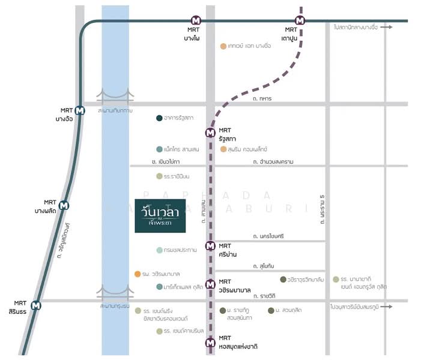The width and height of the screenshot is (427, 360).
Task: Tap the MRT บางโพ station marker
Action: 196,20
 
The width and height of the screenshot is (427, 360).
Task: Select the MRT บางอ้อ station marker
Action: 80,110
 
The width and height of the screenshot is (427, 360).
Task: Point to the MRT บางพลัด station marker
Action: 64,205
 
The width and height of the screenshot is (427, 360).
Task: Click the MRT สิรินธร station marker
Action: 37,305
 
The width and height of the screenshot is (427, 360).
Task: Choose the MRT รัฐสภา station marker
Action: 210,133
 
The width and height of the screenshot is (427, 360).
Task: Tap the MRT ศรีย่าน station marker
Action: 210,245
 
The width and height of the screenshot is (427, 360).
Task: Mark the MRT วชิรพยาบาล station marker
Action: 210,284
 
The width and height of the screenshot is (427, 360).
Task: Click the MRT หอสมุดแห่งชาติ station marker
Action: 210,343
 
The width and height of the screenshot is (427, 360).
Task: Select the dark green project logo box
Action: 160,215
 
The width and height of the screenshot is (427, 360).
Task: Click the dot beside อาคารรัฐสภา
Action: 159,118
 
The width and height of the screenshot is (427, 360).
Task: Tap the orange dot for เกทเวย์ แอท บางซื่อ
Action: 223,46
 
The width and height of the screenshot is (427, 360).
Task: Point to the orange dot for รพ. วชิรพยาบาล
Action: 138,274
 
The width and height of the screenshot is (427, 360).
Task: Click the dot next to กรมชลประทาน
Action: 159,250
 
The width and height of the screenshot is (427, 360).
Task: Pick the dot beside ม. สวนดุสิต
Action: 271,310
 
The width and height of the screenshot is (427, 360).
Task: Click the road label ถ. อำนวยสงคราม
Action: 273,161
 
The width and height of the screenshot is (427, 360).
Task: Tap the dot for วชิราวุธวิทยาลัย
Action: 283,280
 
